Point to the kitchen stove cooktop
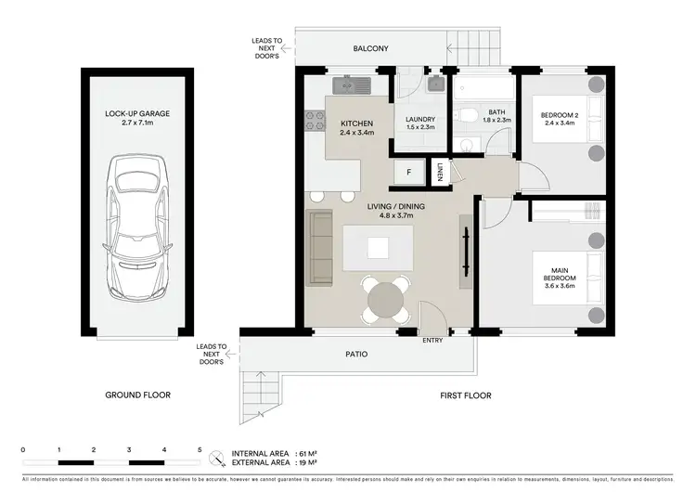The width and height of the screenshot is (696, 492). coord(314,120)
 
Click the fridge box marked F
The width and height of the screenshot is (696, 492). coord(406,174)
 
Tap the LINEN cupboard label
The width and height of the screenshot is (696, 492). coord(439,173)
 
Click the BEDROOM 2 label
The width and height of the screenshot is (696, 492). coord(561,121)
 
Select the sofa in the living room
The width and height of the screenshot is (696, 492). coord(320,248)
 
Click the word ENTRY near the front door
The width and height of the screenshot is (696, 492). coord(432,341)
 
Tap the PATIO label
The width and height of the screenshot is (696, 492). coord(356,354)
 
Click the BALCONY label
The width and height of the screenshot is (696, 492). coord(370,48)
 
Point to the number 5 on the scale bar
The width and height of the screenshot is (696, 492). coord(200,449)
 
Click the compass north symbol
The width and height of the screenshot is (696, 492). coord(217,457)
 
